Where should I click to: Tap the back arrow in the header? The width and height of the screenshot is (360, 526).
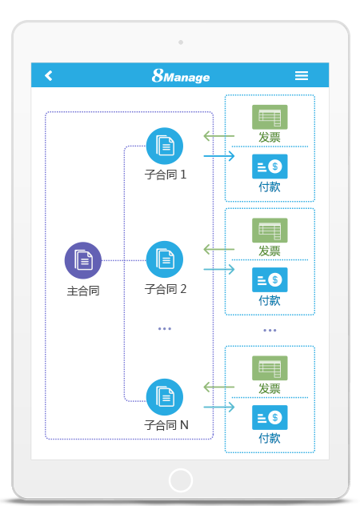click(x=49, y=75)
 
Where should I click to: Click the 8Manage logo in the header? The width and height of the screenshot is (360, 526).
click(x=181, y=76)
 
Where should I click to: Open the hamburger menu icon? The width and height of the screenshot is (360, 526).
click(x=302, y=75)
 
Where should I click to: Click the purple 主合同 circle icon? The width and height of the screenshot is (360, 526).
click(x=83, y=260)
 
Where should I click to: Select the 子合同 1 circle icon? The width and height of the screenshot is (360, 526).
click(x=165, y=146)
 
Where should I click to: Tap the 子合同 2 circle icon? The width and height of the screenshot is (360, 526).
click(x=165, y=259)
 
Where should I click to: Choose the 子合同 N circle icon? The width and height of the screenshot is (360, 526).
click(x=165, y=397)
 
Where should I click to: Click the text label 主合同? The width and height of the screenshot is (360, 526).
click(x=83, y=290)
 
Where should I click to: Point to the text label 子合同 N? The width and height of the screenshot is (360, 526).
click(x=166, y=425)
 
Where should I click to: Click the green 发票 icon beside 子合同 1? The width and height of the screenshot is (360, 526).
click(x=270, y=117)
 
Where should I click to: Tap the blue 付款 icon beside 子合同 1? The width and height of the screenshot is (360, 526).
click(x=270, y=167)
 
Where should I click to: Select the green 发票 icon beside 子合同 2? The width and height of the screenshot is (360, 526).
click(x=270, y=231)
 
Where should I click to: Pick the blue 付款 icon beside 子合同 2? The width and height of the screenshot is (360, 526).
click(x=270, y=279)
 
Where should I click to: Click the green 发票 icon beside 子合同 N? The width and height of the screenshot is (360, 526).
click(x=270, y=368)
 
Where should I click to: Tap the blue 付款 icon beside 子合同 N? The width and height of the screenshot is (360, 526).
click(x=270, y=417)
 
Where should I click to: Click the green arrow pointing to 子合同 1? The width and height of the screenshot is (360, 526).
click(x=218, y=135)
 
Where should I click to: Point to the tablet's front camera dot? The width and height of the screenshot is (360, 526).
click(x=181, y=42)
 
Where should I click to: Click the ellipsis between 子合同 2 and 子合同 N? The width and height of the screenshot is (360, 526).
click(x=165, y=328)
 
